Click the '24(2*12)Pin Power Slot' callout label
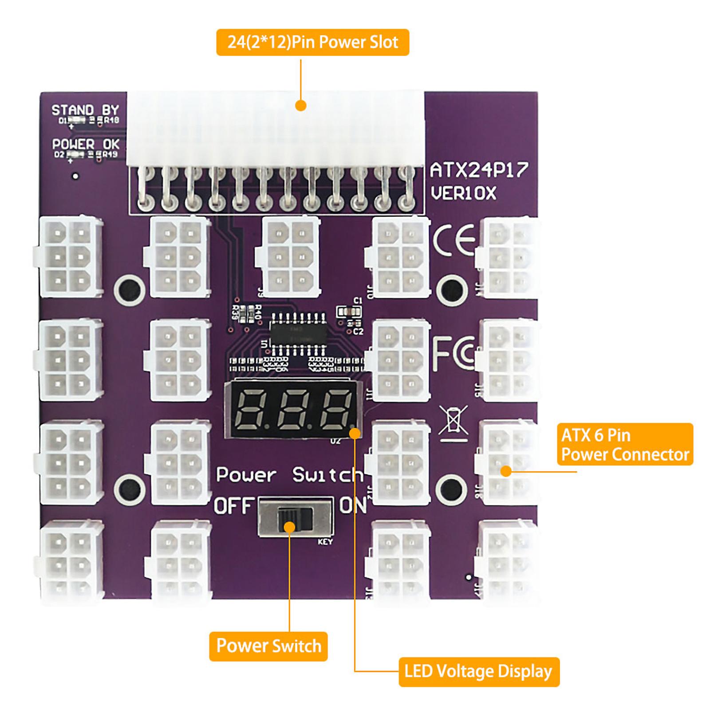tap(312, 42)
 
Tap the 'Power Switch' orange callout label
tap(268, 646)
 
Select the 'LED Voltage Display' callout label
tap(478, 672)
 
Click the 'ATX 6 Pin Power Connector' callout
tap(625, 444)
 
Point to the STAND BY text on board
tap(85, 110)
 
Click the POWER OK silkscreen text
tap(86, 144)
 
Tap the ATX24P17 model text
tap(479, 170)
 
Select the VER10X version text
tap(463, 193)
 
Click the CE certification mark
tap(454, 241)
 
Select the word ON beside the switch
tap(353, 506)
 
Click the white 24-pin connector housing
tap(275, 129)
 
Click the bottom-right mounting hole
tap(451, 489)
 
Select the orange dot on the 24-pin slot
tap(301, 106)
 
